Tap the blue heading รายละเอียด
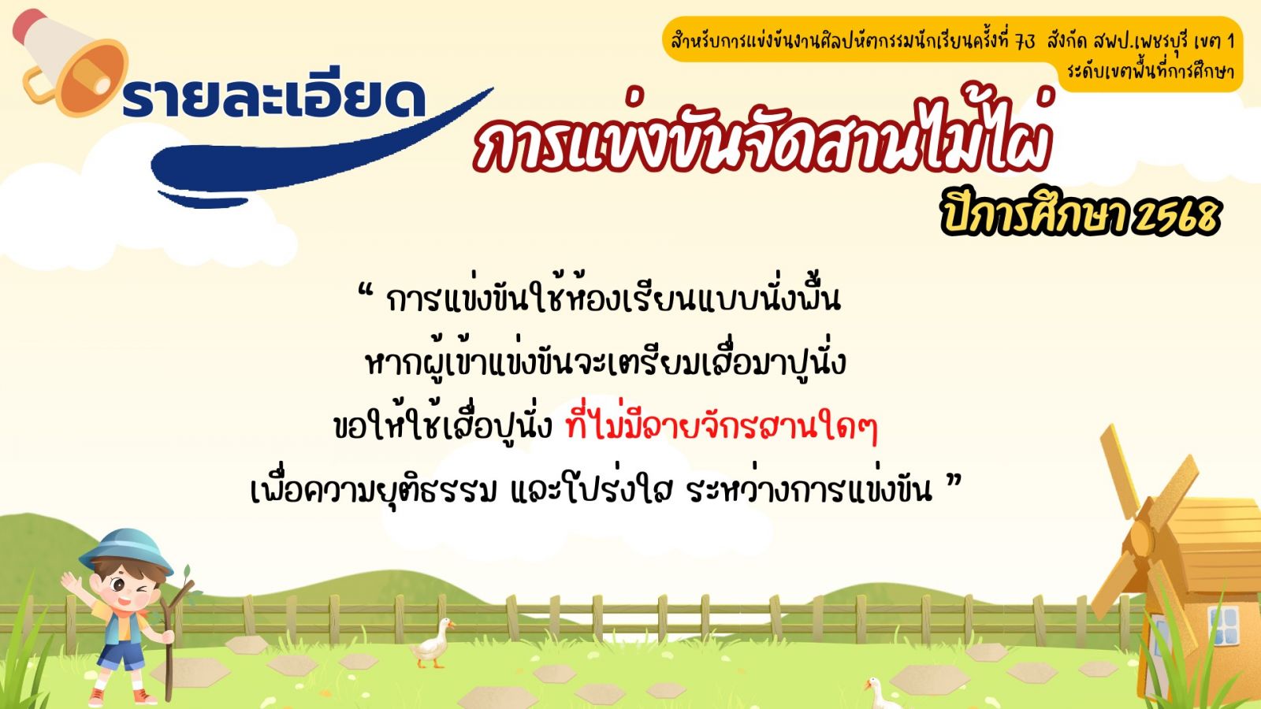pos(273,99)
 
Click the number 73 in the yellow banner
pos(1025,42)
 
